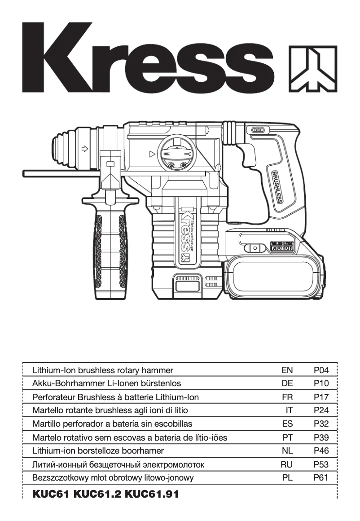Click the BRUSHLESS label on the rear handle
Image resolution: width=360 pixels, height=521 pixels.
point(276,186)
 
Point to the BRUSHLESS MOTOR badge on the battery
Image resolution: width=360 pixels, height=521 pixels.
point(281,246)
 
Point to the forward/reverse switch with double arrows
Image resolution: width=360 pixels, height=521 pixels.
point(259,130)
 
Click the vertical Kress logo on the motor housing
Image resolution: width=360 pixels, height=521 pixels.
point(185,234)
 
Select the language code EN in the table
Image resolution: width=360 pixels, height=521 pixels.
point(287,371)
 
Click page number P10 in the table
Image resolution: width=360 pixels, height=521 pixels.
point(321,384)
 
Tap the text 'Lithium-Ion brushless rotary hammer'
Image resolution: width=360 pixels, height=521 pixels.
point(103,371)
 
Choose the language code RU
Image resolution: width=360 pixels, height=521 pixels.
point(286,464)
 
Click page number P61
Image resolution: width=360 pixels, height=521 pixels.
point(321,478)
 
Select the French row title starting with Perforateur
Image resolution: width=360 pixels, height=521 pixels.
point(115,397)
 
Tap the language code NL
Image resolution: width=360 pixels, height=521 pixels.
point(287,450)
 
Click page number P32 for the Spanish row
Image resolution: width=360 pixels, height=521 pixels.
point(321,424)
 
